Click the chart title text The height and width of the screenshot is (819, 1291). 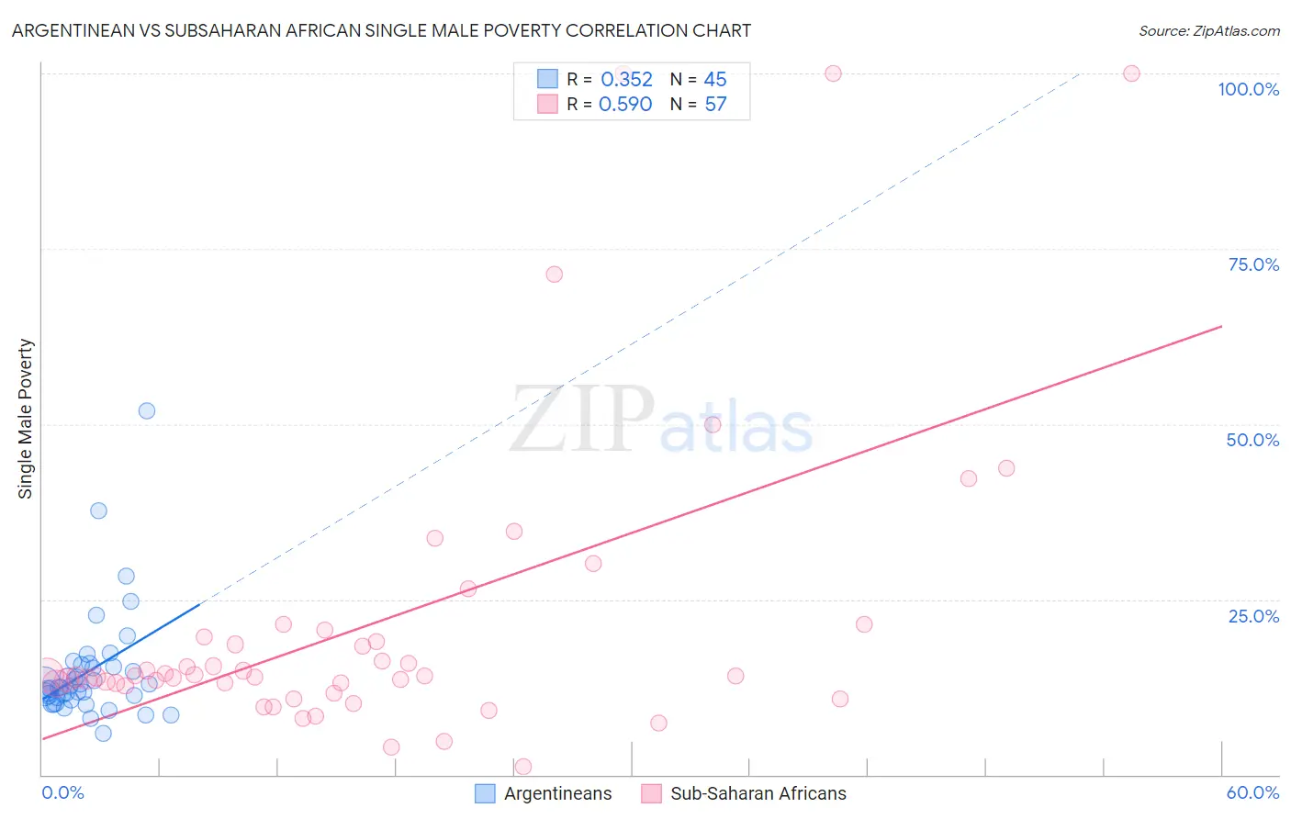point(381,30)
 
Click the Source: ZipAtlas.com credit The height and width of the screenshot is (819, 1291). point(1208,30)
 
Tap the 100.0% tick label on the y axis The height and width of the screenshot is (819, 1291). point(1248,89)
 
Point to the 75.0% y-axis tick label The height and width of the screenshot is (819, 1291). point(1253,264)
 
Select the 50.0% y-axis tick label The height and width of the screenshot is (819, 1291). point(1252,440)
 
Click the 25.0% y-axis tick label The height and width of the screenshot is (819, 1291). point(1253,616)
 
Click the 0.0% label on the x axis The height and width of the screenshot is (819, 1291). point(62,792)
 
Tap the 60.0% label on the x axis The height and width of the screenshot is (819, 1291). point(1252,792)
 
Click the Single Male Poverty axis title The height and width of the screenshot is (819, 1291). point(25,419)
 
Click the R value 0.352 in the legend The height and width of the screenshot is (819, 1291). point(626,80)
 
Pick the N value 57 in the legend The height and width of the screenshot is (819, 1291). point(715,105)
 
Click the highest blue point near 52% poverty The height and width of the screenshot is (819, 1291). point(147,410)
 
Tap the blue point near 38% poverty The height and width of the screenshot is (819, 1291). point(98,510)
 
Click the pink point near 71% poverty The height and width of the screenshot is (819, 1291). point(554,275)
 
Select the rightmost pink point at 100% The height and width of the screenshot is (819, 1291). point(1131,73)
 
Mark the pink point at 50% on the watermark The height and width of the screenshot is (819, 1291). point(713,424)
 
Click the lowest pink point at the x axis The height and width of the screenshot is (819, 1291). point(523,767)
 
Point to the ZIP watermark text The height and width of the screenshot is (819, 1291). point(582,421)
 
